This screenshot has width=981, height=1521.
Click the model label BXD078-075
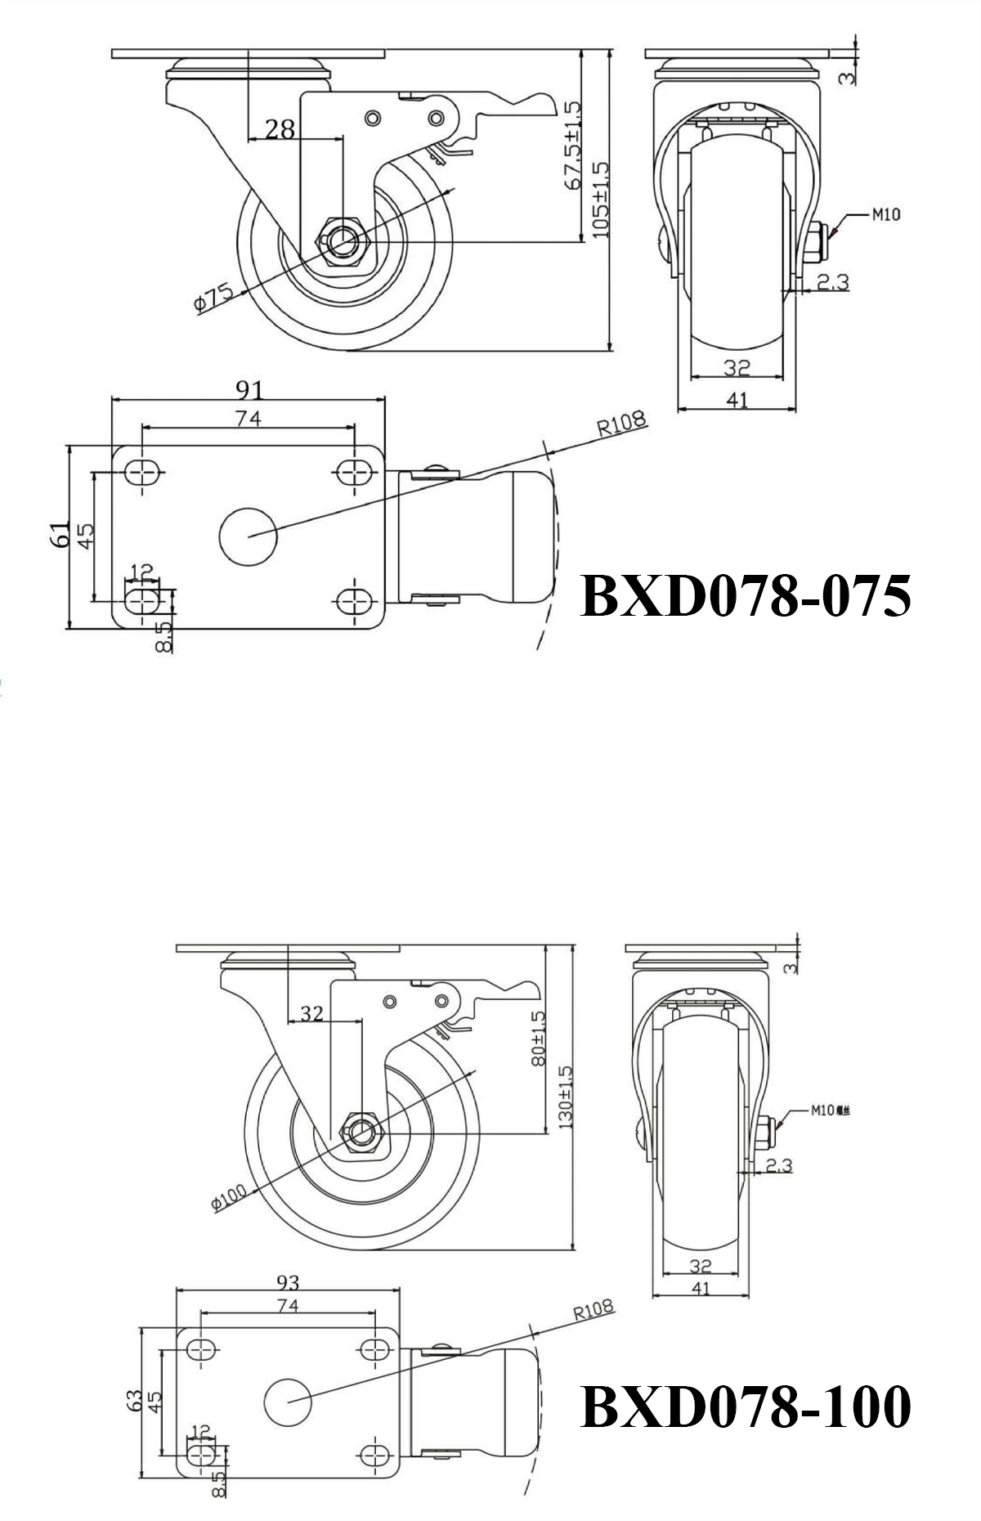point(745,595)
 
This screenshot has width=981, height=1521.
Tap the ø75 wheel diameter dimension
point(214,299)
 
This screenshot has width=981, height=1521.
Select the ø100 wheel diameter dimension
point(228,1199)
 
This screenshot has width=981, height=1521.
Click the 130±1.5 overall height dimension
point(565,1097)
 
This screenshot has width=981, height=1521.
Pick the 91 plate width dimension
point(249,388)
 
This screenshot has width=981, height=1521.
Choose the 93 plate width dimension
point(288,1281)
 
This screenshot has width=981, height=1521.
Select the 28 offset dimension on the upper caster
point(280,128)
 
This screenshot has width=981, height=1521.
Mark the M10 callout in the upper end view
point(885,215)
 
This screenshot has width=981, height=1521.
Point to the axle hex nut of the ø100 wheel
point(361,1133)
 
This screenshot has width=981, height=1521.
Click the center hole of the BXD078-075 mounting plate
point(249,536)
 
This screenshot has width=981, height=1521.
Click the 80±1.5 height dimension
point(537,1039)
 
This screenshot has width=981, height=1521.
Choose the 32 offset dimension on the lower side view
point(311,1014)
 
